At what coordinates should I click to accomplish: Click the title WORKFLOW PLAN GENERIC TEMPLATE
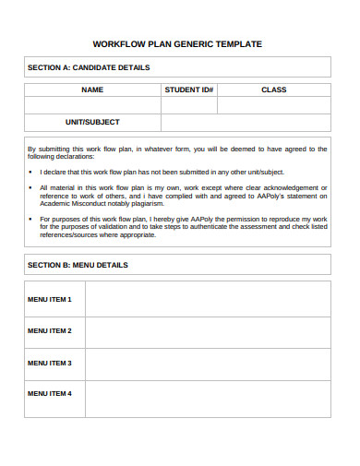point(177,43)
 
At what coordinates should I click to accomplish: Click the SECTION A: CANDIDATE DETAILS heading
point(89,67)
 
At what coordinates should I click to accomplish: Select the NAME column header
point(92,90)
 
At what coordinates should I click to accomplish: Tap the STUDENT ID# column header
point(189,90)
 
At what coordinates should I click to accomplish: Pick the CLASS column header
point(273,90)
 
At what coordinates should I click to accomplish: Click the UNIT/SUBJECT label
point(92,122)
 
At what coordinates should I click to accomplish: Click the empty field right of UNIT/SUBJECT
point(246,122)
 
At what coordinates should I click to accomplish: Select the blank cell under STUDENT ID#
point(189,105)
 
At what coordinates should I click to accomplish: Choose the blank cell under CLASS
point(273,105)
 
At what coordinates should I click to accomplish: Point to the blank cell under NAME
point(92,105)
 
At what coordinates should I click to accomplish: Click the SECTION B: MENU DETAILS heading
point(78,265)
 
